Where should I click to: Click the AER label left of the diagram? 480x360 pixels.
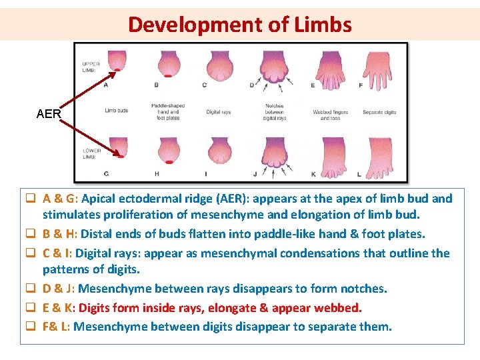pos(49,114)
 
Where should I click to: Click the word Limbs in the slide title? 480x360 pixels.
pos(321,25)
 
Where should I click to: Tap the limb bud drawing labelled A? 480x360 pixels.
pos(118,62)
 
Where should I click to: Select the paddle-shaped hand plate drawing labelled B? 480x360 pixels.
pos(168,65)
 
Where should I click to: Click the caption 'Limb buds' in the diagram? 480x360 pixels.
pos(117,111)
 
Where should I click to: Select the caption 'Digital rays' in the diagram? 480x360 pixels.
pos(219,112)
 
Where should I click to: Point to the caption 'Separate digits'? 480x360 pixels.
pos(379,112)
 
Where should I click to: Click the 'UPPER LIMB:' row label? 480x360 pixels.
pos(90,65)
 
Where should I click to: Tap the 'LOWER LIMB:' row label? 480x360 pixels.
pos(91,153)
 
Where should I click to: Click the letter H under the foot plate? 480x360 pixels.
pos(157,174)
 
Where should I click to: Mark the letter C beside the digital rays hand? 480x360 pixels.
pos(204,85)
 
